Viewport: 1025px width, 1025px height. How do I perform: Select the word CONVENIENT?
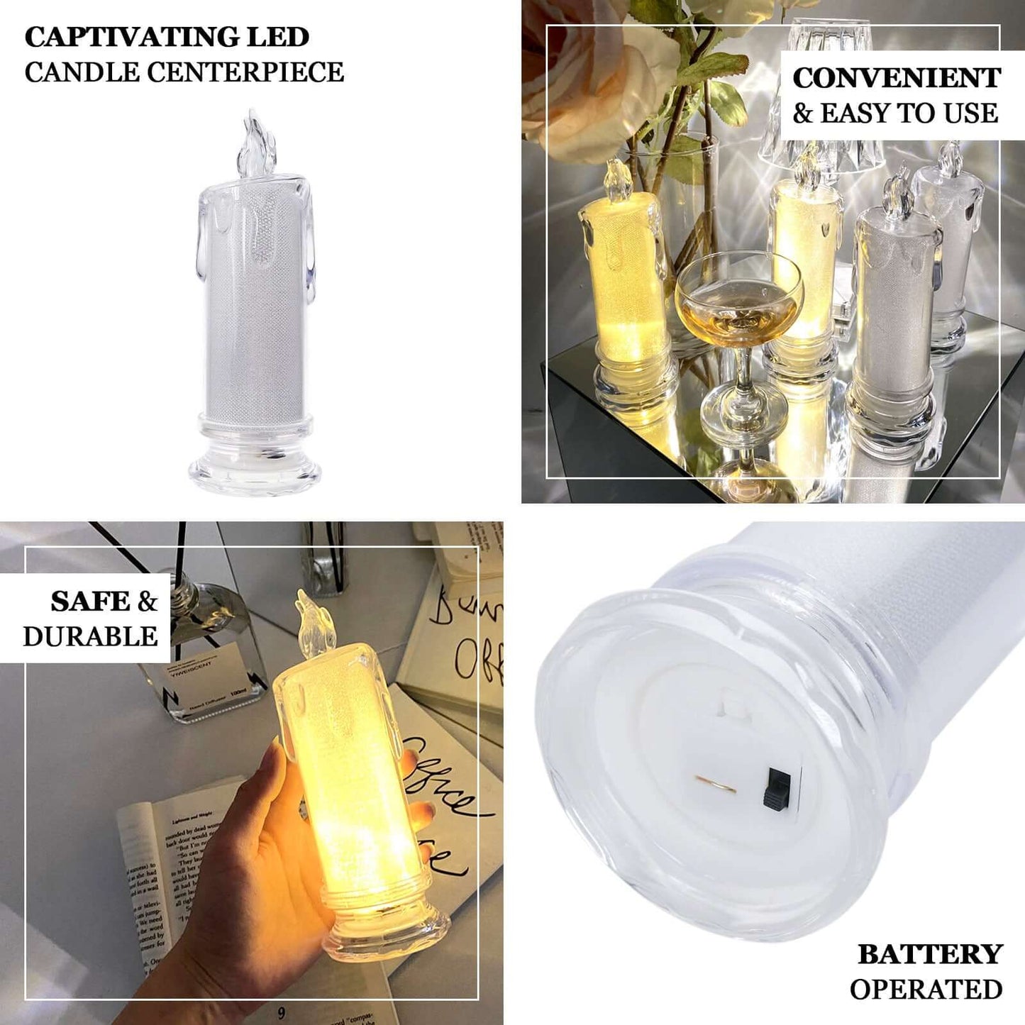click(897, 78)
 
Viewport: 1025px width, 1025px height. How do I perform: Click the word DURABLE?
click(90, 637)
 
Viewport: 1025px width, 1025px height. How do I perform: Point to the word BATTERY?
click(930, 955)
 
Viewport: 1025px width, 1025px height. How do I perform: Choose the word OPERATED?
click(926, 990)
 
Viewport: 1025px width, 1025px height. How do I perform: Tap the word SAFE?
click(89, 602)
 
